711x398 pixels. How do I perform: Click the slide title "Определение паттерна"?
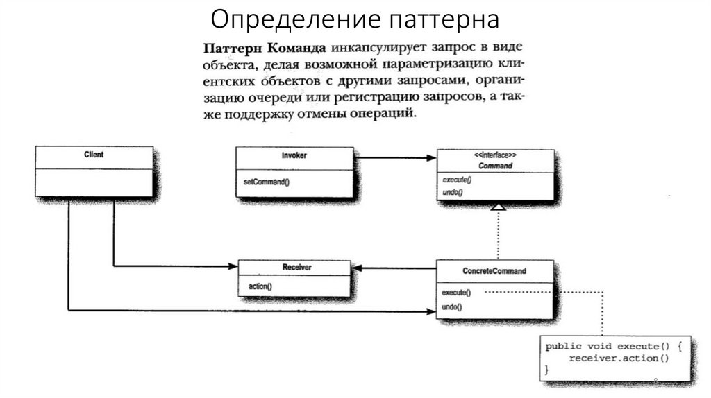(x=355, y=19)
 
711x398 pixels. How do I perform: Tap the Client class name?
(x=94, y=155)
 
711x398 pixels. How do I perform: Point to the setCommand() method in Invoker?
(x=266, y=182)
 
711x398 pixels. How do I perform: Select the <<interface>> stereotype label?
(x=495, y=156)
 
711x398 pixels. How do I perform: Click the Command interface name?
(x=495, y=166)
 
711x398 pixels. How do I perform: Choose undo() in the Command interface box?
(x=452, y=191)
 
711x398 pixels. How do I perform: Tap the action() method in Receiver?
(x=260, y=286)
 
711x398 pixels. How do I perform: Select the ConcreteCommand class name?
(x=494, y=270)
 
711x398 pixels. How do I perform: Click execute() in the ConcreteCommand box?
(x=457, y=292)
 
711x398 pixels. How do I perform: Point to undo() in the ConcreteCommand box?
(x=452, y=306)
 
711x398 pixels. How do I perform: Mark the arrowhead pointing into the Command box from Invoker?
(x=431, y=157)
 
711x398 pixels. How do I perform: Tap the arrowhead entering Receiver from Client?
(x=233, y=266)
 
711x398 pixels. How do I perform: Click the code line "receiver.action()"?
(x=618, y=358)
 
